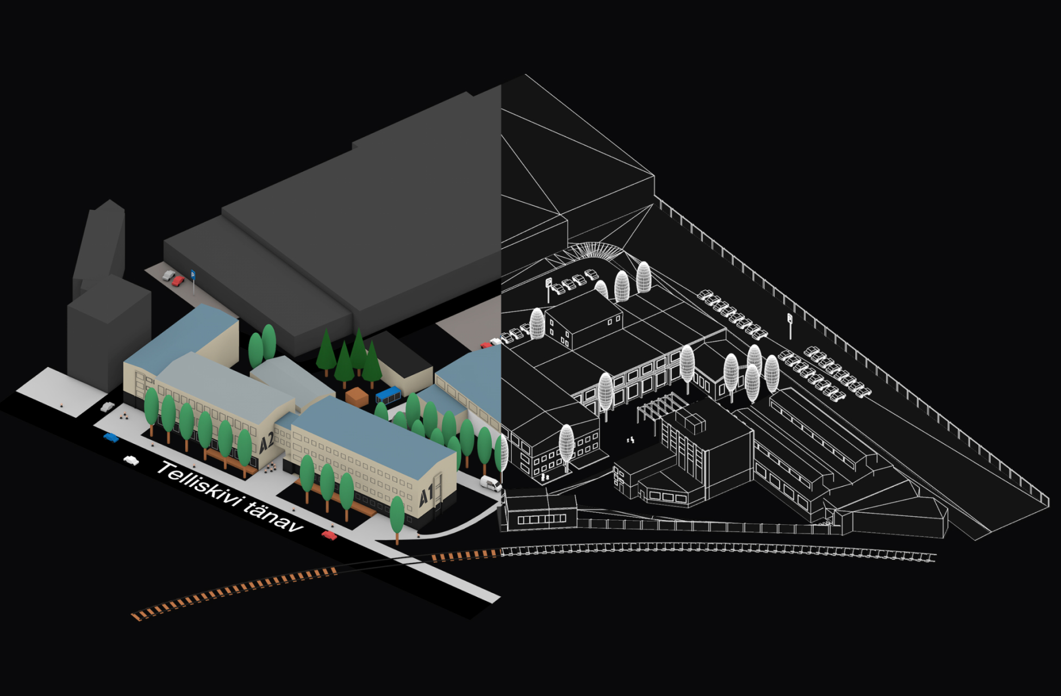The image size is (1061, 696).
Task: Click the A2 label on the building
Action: coord(266,443)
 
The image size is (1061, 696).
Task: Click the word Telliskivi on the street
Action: coord(199,485)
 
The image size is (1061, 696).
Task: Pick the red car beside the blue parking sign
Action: coord(178,281)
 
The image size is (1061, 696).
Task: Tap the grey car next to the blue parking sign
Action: coord(168,276)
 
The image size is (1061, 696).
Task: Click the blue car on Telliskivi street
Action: coord(111,437)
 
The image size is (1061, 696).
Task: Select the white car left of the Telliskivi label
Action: coord(131,461)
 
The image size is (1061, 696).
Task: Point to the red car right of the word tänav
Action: coord(329,536)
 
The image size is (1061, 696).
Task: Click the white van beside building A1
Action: coord(491,483)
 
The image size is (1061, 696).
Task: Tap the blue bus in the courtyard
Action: coord(388,394)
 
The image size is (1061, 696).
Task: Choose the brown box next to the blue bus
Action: coord(357,396)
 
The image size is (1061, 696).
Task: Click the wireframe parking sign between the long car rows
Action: coord(790,325)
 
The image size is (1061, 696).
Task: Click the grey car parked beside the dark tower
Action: coord(108,407)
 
